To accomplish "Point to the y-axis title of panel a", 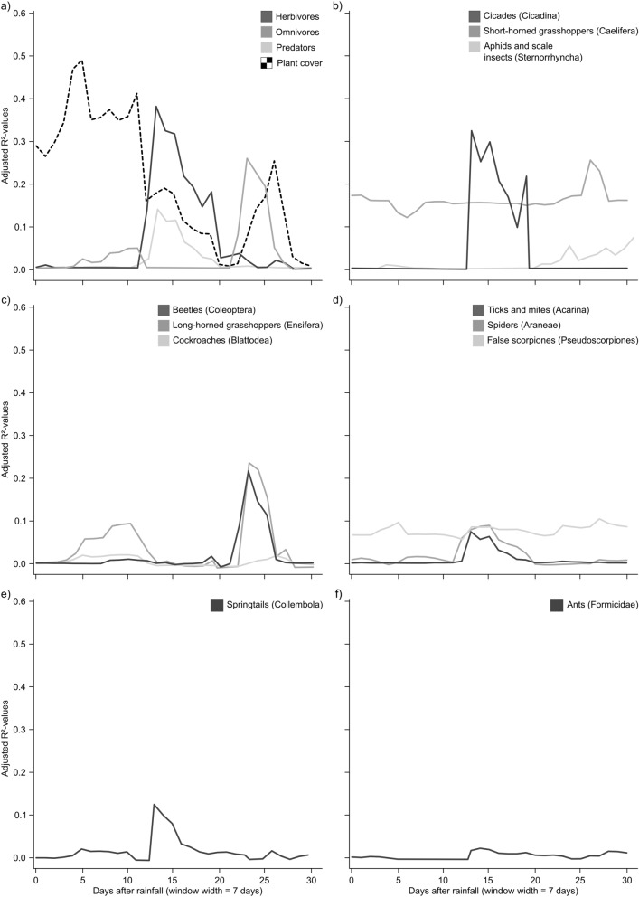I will coord(7,140).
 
